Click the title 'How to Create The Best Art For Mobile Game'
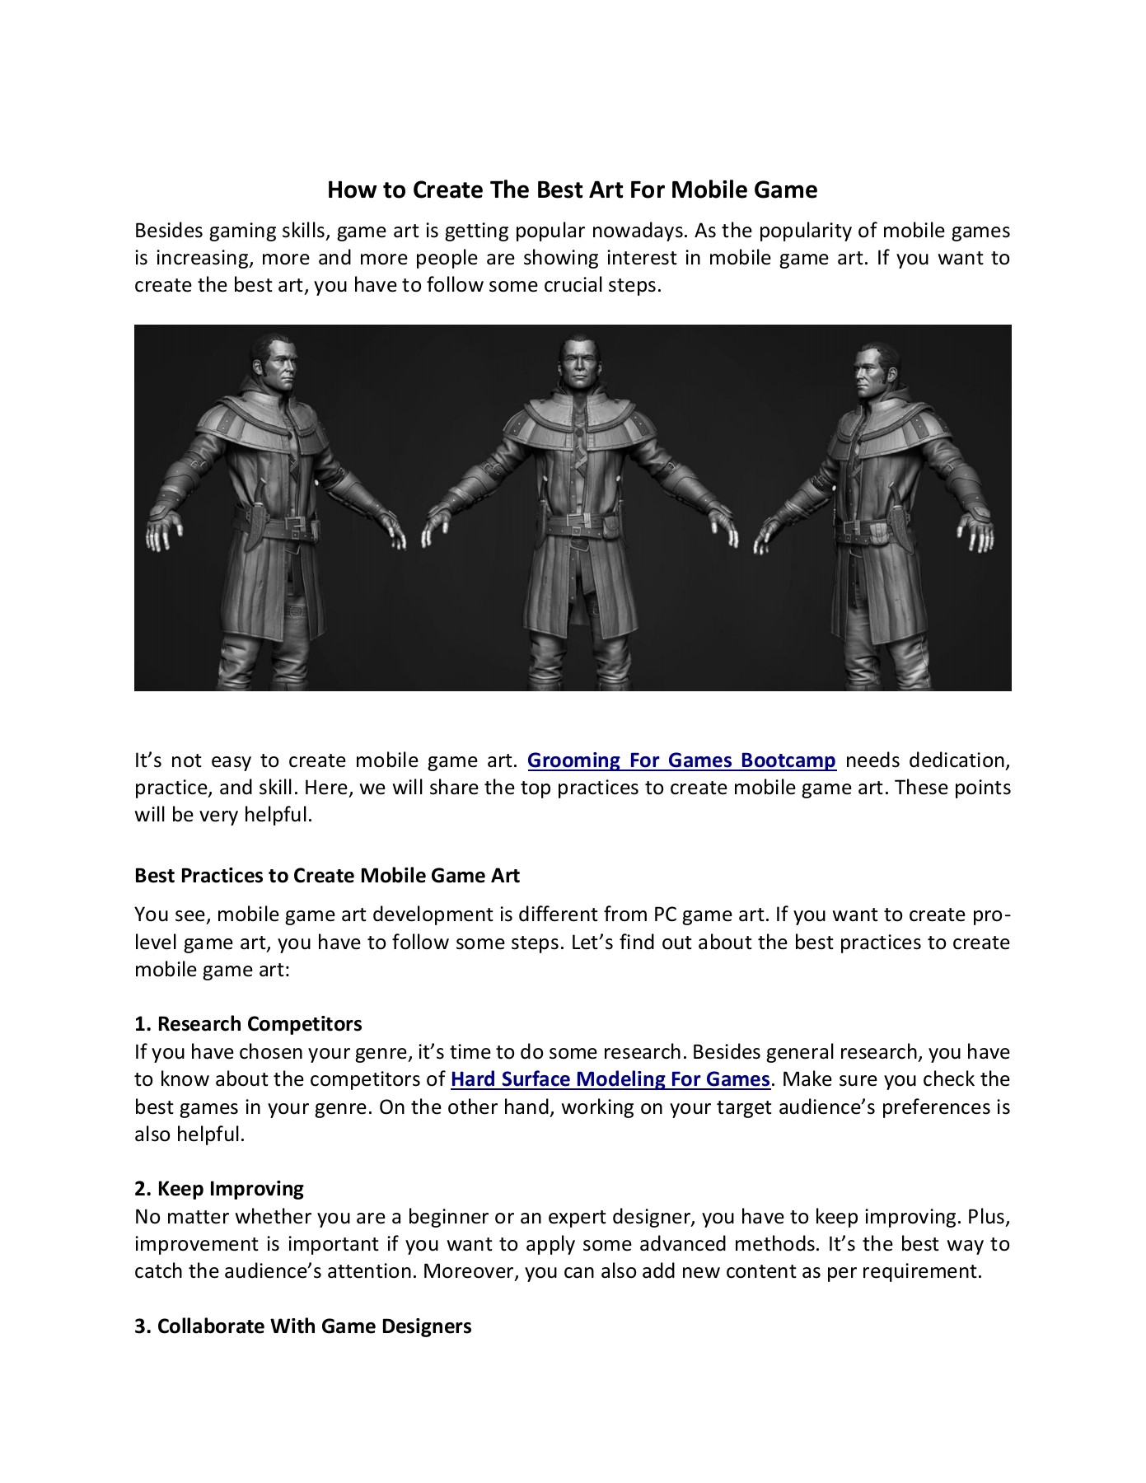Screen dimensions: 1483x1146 pyautogui.click(x=572, y=190)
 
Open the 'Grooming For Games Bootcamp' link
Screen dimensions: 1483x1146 pyautogui.click(x=681, y=760)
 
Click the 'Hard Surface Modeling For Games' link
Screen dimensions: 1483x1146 pyautogui.click(x=610, y=1079)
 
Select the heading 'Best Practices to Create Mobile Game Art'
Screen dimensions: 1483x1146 pyautogui.click(x=326, y=876)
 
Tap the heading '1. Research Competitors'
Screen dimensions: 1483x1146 pyautogui.click(x=248, y=1024)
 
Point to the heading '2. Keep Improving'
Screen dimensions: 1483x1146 pyautogui.click(x=219, y=1189)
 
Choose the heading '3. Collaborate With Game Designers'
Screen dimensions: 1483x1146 pyautogui.click(x=302, y=1326)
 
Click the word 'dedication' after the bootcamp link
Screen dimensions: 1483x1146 pyautogui.click(x=959, y=760)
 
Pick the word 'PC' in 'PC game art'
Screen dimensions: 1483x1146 pyautogui.click(x=666, y=915)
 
